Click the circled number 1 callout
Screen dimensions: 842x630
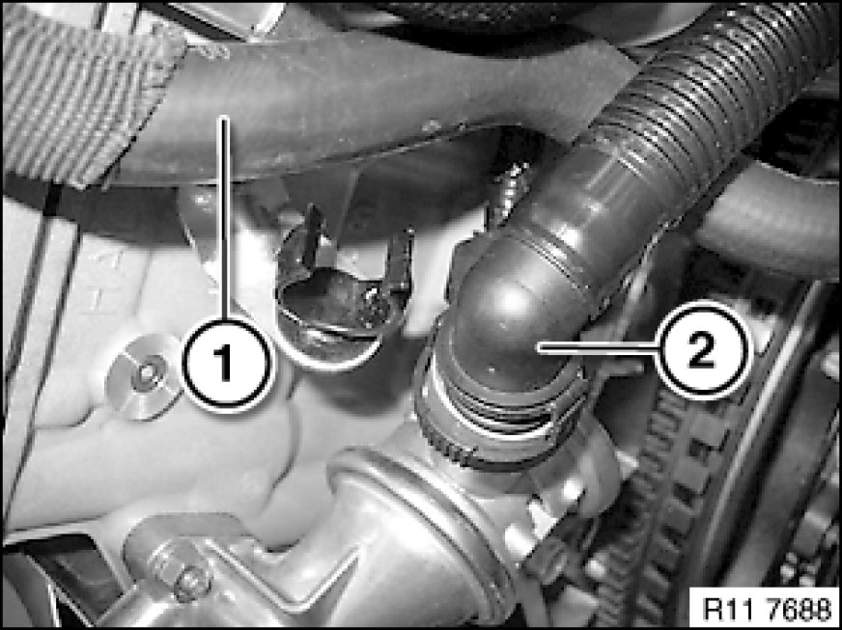click(x=226, y=364)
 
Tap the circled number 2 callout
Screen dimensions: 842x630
click(x=704, y=349)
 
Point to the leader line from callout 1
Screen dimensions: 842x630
click(x=225, y=218)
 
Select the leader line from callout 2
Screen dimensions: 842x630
click(x=599, y=349)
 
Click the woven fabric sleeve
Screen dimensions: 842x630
click(x=80, y=92)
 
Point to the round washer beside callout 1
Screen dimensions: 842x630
click(x=143, y=377)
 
